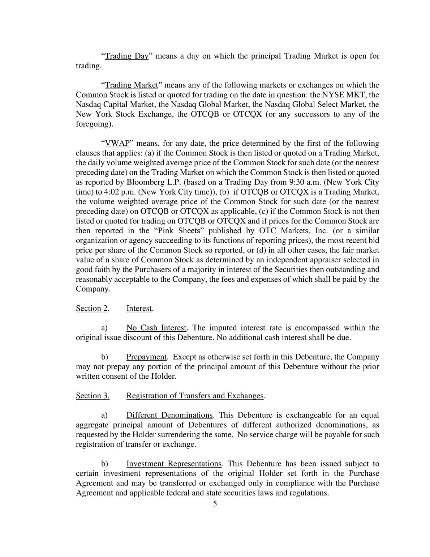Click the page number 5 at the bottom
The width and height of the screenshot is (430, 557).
215,504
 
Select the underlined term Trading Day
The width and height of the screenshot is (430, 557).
126,56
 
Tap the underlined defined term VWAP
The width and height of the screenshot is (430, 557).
117,143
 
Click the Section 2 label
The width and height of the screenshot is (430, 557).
92,309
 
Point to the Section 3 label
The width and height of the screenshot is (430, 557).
93,396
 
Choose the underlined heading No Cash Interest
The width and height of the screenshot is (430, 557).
156,328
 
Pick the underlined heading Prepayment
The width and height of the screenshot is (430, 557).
146,357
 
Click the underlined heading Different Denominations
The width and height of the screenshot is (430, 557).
169,415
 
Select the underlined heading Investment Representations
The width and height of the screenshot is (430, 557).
174,464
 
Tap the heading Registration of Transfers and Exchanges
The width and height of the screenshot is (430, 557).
195,396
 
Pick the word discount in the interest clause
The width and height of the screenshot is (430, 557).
143,337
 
